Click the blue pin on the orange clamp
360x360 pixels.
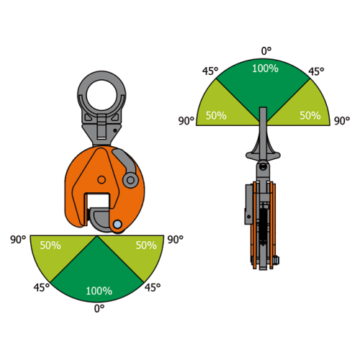(x=117, y=225)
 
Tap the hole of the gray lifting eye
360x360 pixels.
(x=102, y=95)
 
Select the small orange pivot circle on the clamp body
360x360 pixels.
(x=102, y=179)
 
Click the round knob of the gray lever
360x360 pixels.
(x=130, y=180)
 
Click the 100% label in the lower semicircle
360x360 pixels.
(x=99, y=291)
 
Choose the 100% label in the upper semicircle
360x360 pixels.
(x=265, y=68)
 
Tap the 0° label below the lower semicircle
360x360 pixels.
(x=99, y=309)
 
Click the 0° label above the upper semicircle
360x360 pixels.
(x=266, y=51)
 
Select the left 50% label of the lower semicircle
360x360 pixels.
(x=50, y=246)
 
